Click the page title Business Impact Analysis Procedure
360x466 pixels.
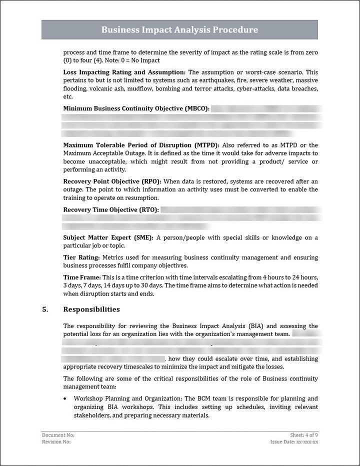179,30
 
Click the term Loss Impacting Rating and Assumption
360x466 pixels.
124,72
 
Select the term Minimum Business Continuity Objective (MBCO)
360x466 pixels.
136,108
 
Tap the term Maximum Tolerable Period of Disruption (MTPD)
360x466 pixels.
141,145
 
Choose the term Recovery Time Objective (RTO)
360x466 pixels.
111,210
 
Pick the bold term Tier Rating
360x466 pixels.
81,257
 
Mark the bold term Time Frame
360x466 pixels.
81,277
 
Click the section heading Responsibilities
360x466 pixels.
91,309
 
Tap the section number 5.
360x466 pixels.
45,309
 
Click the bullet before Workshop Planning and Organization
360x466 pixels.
66,399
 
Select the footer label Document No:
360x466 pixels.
58,435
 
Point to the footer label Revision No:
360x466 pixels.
56,442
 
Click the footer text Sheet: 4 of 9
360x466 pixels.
303,435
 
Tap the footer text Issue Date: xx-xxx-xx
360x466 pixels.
294,442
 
